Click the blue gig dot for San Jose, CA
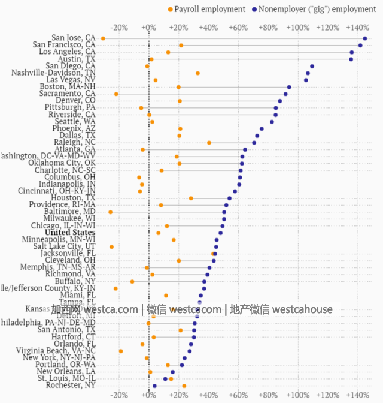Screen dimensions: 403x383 [x=365, y=38]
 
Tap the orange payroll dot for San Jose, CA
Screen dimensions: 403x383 [x=103, y=38]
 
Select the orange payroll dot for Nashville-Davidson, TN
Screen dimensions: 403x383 [x=197, y=73]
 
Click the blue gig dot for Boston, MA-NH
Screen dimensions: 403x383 [x=289, y=87]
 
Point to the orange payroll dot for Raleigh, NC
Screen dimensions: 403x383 [x=209, y=143]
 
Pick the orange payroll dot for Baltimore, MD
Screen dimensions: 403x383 [x=110, y=212]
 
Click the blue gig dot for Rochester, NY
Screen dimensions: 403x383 [x=154, y=386]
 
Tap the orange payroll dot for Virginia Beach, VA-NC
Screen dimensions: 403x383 [x=121, y=351]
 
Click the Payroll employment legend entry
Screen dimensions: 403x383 [x=207, y=9]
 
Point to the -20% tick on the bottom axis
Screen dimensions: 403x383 [x=119, y=395]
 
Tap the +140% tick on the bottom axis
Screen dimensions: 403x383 [x=357, y=395]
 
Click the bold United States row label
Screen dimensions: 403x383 [x=70, y=233]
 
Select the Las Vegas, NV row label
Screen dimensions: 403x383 [x=71, y=80]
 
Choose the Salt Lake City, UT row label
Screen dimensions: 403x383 [x=64, y=246]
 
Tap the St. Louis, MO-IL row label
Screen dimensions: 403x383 [x=66, y=379]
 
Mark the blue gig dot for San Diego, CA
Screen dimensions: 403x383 [x=312, y=66]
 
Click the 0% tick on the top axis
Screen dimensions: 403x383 [x=149, y=27]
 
